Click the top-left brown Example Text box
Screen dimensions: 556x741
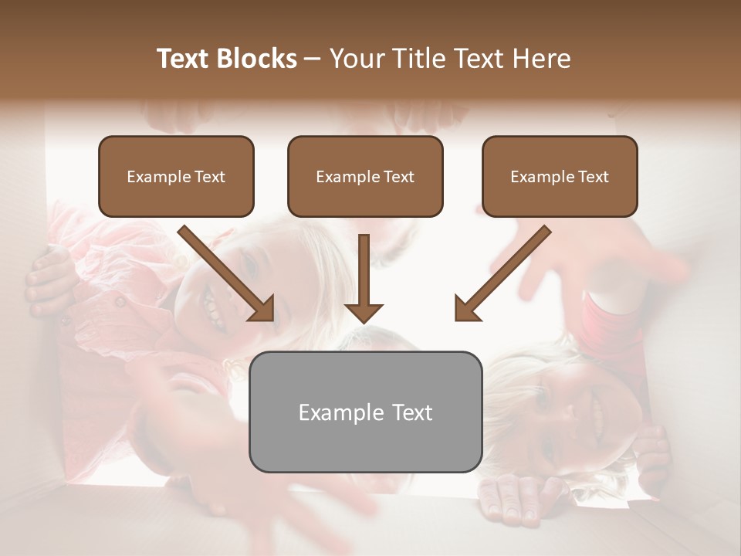[x=176, y=176]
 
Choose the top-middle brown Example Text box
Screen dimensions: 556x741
[x=365, y=176]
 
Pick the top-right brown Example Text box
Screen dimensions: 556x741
[x=560, y=176]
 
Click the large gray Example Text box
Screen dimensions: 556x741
[x=365, y=412]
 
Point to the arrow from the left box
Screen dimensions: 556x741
[x=228, y=274]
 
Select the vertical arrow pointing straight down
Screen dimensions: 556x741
[x=364, y=282]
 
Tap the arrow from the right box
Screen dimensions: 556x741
[x=502, y=274]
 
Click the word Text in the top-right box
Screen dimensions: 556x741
[x=593, y=177]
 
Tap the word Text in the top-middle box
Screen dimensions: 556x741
[x=398, y=177]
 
